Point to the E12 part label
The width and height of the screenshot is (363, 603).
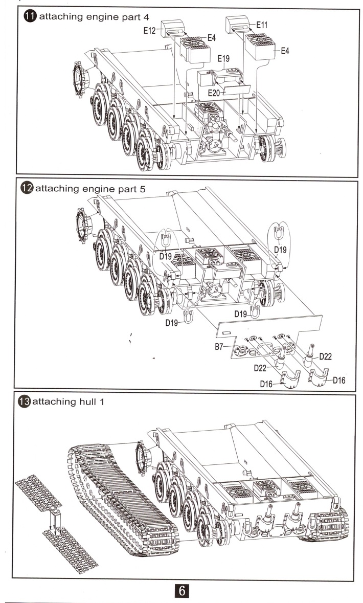[150, 31]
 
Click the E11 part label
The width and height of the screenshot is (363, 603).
[262, 24]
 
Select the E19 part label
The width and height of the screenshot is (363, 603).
[223, 59]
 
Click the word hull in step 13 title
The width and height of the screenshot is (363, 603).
[82, 402]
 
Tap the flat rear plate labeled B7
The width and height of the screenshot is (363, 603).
[271, 327]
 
